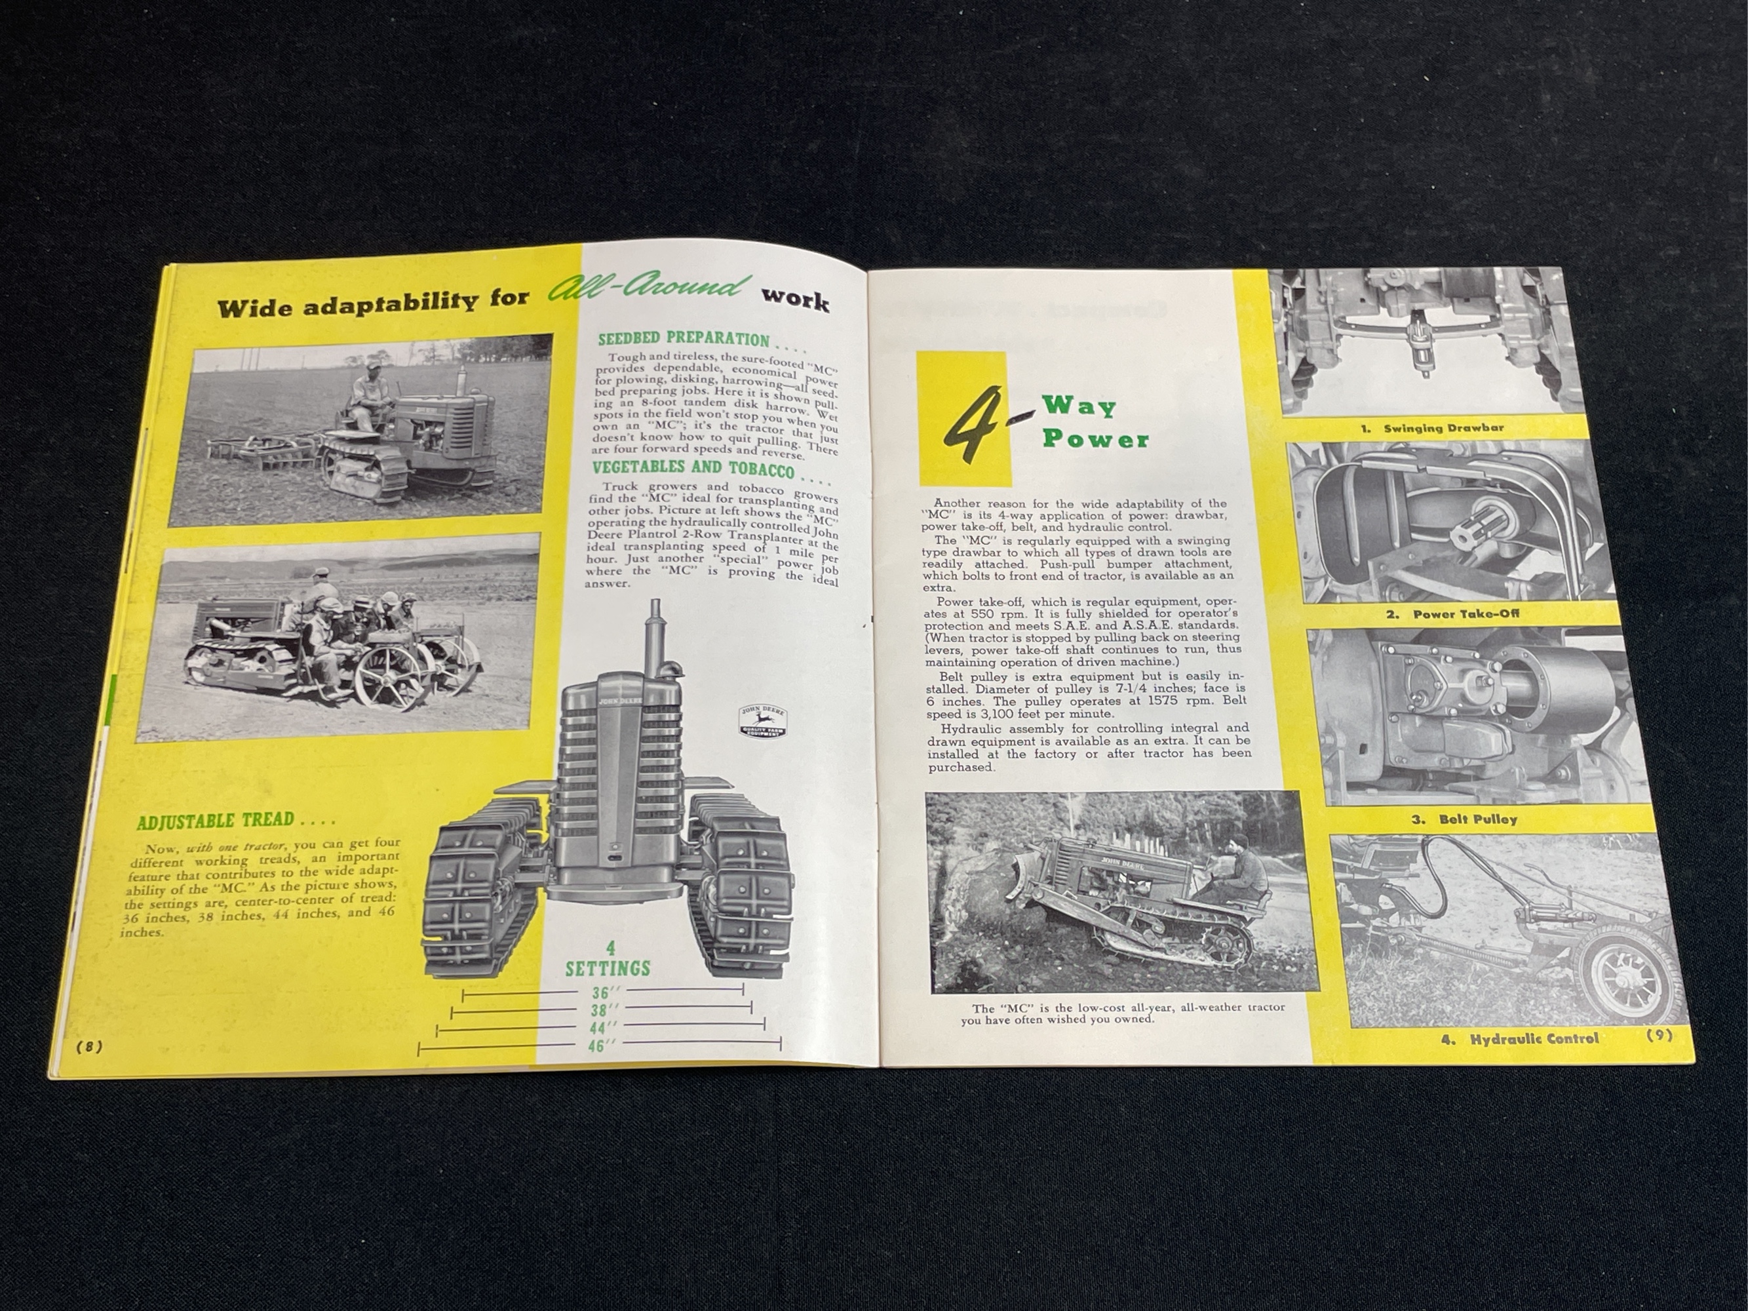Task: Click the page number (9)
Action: (1658, 1036)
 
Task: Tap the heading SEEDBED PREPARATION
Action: (684, 340)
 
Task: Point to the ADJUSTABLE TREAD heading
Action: (215, 820)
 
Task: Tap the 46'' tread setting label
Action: (602, 1046)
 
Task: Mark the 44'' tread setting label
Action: (603, 1027)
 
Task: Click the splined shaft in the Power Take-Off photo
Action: (1472, 528)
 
